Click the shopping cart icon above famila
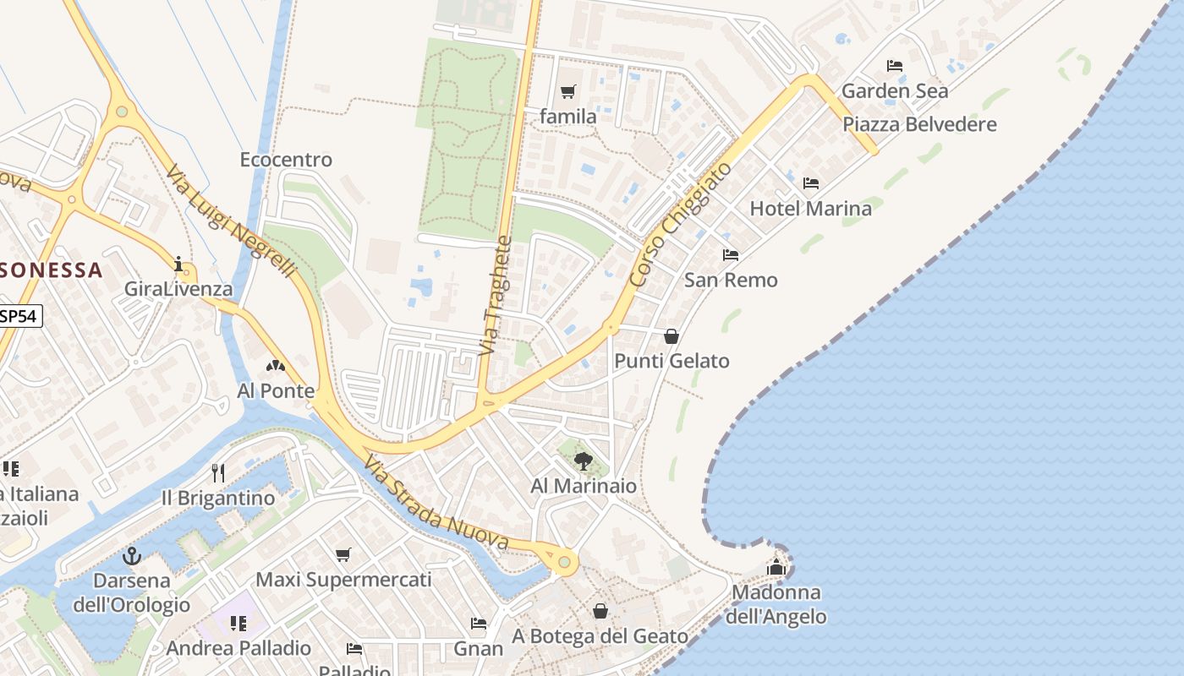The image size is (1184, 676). point(567,91)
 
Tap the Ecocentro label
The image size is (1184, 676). point(286,160)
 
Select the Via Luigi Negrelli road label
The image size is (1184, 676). point(230,221)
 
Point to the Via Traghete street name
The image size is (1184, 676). point(496,295)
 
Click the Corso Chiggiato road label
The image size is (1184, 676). point(680,224)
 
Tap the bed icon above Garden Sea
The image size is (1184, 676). point(895,66)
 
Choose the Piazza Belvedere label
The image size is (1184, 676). point(919,124)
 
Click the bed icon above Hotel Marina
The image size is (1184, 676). point(810,183)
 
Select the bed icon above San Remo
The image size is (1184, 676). point(731,255)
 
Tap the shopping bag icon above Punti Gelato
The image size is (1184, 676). point(671,336)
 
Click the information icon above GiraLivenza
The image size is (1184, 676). point(178,264)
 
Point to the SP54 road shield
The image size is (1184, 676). point(19,316)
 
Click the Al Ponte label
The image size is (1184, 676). point(276,390)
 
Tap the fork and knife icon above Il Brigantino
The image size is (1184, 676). point(218,472)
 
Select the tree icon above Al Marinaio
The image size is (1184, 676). point(583,461)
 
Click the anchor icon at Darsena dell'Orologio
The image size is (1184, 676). point(131,556)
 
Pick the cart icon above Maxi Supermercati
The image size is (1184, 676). point(343,555)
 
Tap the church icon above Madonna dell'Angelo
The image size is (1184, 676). point(776,567)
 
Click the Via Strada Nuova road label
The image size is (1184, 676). point(436,504)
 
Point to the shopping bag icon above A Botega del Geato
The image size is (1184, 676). point(600,610)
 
